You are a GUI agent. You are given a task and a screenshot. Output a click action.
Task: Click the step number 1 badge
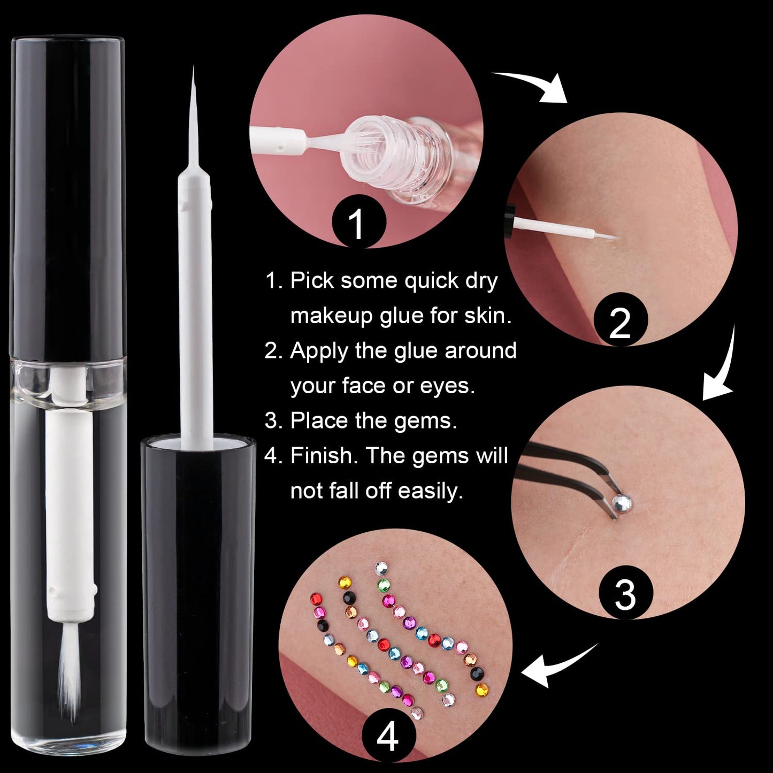(358, 223)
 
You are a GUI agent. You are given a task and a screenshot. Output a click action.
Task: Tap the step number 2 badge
(621, 322)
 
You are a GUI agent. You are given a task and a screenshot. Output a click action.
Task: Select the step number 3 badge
(625, 594)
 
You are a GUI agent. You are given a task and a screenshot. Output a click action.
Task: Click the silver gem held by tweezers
(622, 502)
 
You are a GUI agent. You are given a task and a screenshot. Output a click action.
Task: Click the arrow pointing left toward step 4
(556, 668)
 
